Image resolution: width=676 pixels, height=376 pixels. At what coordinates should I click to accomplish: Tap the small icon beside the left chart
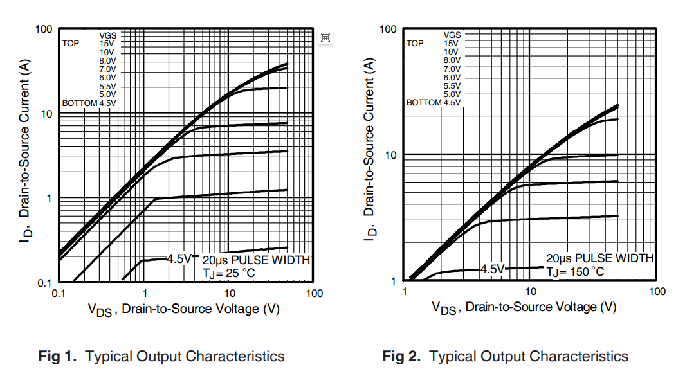325,37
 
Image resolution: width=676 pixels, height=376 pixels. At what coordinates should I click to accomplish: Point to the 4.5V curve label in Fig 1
179,259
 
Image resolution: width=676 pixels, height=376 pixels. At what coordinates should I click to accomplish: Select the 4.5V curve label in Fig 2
493,269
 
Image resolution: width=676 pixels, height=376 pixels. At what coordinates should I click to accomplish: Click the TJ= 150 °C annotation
576,271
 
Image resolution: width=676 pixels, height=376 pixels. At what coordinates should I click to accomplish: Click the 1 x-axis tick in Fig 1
143,294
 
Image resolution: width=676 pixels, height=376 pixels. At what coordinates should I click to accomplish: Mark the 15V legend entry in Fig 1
107,44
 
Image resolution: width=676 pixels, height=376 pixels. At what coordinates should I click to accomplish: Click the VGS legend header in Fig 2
452,35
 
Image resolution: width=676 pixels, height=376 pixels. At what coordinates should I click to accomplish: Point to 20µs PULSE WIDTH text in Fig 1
256,260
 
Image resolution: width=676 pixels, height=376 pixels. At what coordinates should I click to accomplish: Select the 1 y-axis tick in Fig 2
394,281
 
